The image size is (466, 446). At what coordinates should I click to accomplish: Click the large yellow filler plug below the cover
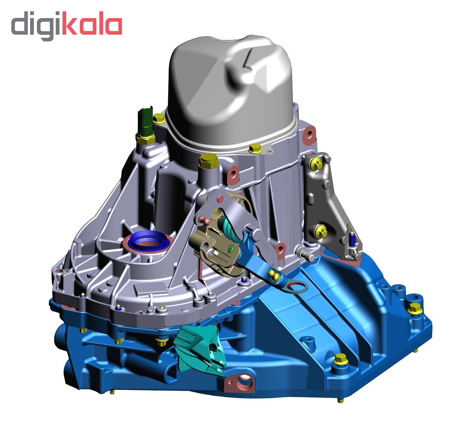[x=208, y=161]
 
